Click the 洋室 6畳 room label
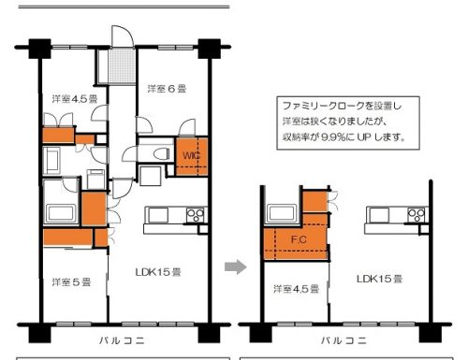(x=167, y=89)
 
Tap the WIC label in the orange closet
(x=191, y=155)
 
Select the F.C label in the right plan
(x=299, y=239)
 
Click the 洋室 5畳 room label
(x=71, y=282)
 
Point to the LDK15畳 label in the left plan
(x=158, y=272)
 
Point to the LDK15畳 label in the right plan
(x=379, y=279)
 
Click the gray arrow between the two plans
(x=236, y=266)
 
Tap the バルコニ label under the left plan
(x=122, y=340)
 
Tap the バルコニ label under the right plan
(x=344, y=340)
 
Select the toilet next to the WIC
(x=161, y=153)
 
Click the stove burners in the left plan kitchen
(x=196, y=215)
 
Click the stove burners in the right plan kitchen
(x=417, y=215)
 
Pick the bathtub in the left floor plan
(x=61, y=213)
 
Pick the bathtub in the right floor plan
(x=282, y=213)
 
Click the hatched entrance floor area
(x=122, y=66)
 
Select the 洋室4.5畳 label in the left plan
(x=75, y=99)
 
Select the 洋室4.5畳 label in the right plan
(x=296, y=289)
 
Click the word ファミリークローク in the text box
(x=324, y=106)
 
